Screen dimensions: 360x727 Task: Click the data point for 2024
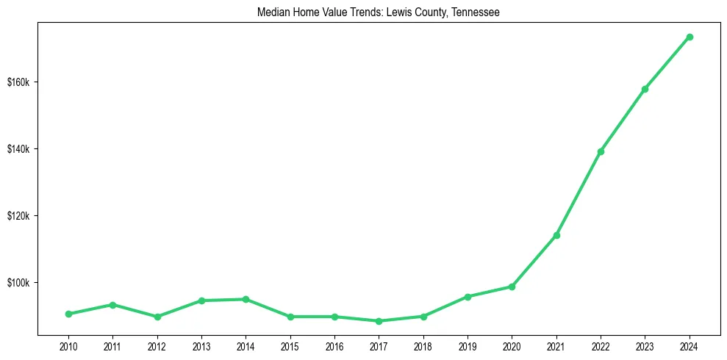(x=690, y=37)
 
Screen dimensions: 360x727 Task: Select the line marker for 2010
(x=68, y=314)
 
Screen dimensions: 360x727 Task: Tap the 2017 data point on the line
(x=379, y=321)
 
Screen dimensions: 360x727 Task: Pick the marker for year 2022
(x=601, y=151)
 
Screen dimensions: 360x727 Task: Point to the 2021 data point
(x=556, y=235)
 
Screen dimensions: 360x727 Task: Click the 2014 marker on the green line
(x=246, y=299)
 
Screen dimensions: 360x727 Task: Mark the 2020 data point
(x=512, y=287)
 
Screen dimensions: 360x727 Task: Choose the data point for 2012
(x=157, y=317)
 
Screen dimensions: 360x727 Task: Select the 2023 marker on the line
(x=645, y=89)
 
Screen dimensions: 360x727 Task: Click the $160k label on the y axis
(x=18, y=82)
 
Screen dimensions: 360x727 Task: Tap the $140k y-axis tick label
(x=18, y=148)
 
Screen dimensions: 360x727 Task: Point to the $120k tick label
(x=18, y=216)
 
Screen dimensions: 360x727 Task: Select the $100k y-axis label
(x=18, y=283)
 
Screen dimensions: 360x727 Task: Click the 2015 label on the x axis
(x=290, y=345)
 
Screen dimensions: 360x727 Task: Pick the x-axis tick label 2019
(x=468, y=345)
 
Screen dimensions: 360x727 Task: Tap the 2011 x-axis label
(x=112, y=345)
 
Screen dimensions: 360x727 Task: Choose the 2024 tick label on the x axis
(x=690, y=345)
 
